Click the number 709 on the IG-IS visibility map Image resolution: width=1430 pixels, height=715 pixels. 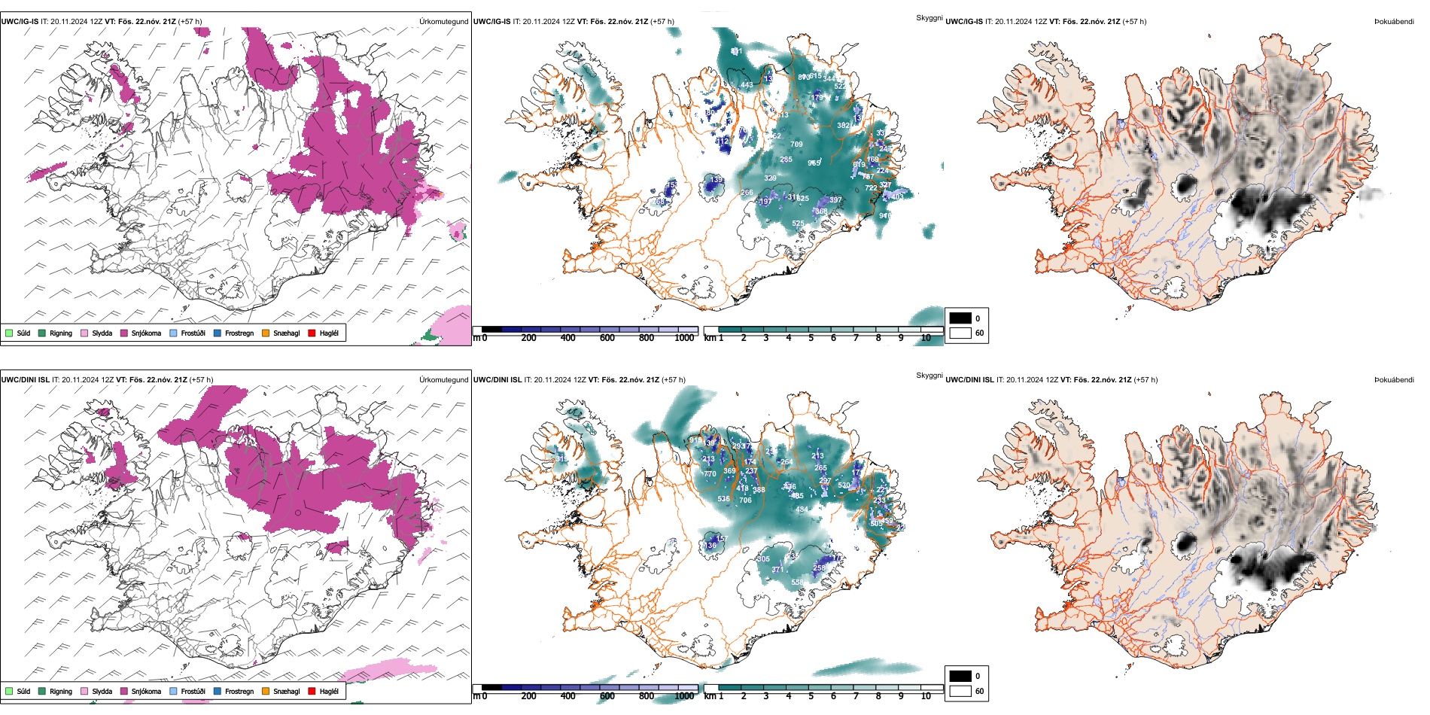tap(796, 144)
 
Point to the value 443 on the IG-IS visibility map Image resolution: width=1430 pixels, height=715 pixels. tap(747, 85)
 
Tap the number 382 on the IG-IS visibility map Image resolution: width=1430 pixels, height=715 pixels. tap(843, 126)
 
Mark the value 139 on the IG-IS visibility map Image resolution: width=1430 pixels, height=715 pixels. tap(717, 180)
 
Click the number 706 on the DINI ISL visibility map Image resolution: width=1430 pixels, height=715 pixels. tap(745, 500)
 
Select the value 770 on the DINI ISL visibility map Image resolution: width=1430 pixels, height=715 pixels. tap(710, 474)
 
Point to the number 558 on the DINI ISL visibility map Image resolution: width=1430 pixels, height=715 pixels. tap(797, 582)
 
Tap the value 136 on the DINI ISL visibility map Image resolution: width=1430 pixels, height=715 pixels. tap(710, 545)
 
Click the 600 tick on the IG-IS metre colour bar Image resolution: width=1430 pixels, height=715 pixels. tap(607, 338)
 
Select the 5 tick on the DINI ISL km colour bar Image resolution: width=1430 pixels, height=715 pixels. tap(811, 696)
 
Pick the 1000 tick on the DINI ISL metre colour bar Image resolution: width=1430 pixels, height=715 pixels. tap(684, 696)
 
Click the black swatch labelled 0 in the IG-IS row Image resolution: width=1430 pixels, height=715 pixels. tap(960, 318)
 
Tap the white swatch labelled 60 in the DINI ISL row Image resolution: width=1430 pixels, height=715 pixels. tap(960, 691)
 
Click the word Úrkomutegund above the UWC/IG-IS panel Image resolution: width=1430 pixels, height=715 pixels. tap(443, 22)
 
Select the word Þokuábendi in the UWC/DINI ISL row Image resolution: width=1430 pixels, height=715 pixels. tap(1394, 380)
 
